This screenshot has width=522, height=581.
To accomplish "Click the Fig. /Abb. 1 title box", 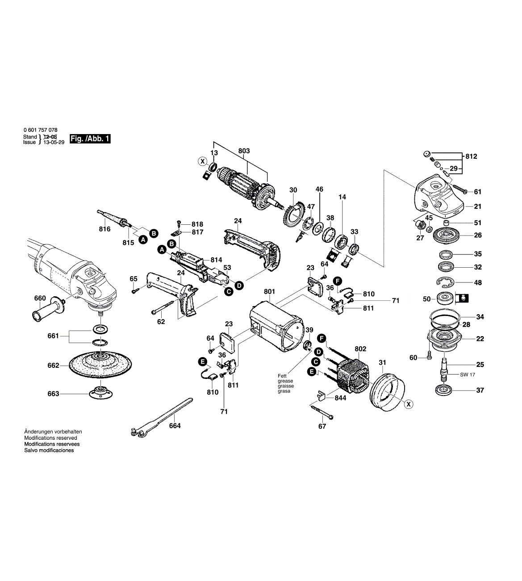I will point(90,139).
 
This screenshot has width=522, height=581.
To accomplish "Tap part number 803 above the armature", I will point(244,152).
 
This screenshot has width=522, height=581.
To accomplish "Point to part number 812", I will point(471,157).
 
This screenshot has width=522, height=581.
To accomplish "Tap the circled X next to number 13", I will point(202,161).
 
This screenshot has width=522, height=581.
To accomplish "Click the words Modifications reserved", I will point(50,438).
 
